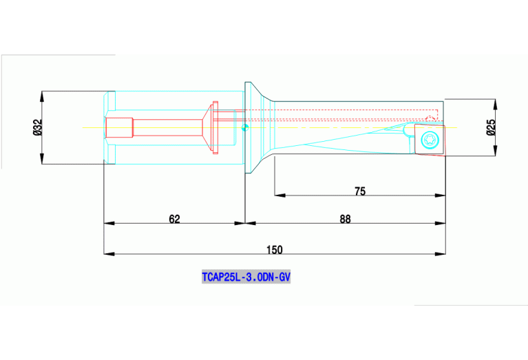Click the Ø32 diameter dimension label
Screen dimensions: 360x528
pyautogui.click(x=38, y=127)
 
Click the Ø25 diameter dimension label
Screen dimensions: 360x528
pyautogui.click(x=490, y=127)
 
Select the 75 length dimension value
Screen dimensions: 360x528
pyautogui.click(x=359, y=190)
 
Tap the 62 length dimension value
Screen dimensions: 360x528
pyautogui.click(x=174, y=218)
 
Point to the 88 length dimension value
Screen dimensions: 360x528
pyautogui.click(x=345, y=218)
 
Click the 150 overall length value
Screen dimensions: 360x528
pyautogui.click(x=274, y=249)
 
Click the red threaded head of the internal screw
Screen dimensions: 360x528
pyautogui.click(x=118, y=127)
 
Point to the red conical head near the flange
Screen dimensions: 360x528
pyautogui.click(x=206, y=127)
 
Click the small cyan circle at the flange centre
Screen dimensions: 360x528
pyautogui.click(x=246, y=126)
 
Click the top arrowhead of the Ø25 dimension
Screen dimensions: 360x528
pyautogui.click(x=494, y=103)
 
